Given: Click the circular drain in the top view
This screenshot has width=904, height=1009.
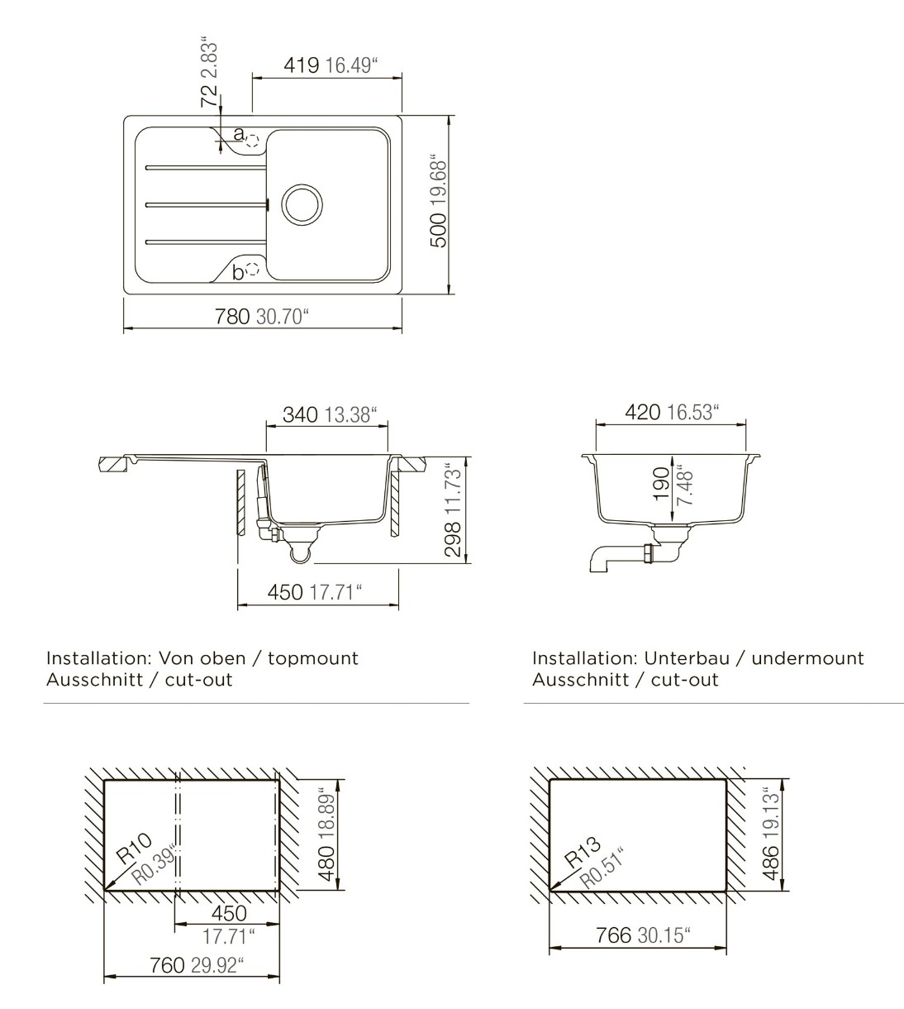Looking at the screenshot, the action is click(x=302, y=204).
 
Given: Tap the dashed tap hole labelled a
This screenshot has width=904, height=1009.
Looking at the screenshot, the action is click(x=253, y=141).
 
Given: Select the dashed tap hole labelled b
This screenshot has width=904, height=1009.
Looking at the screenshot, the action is click(x=253, y=269).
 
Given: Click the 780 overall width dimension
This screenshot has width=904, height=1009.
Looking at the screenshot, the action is click(x=232, y=317).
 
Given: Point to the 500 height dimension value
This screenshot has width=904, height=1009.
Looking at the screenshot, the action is click(x=439, y=230).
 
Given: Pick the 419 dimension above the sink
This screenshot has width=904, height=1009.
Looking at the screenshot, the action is click(x=301, y=65).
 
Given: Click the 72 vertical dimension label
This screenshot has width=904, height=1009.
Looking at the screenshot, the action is click(x=209, y=96).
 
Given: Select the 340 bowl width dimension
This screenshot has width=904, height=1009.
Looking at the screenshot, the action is click(x=300, y=414).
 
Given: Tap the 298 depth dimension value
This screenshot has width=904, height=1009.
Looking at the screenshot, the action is click(x=454, y=539).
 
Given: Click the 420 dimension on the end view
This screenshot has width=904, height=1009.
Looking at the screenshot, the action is click(x=643, y=413).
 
